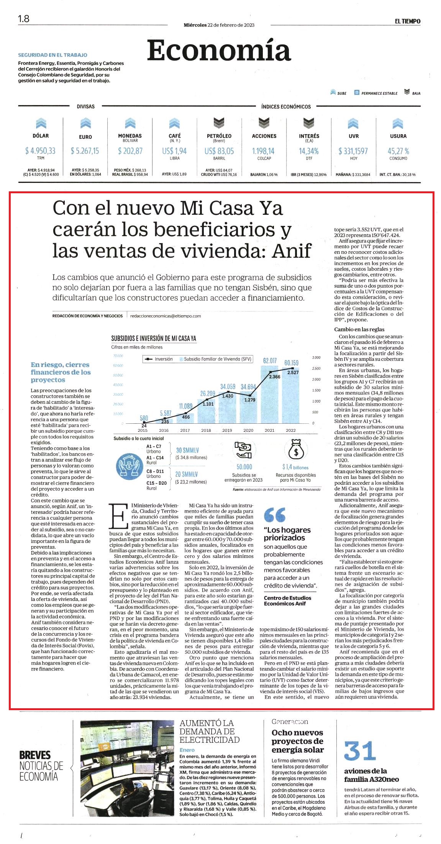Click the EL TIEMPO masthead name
pyautogui.click(x=408, y=21)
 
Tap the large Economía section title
pyautogui.click(x=219, y=50)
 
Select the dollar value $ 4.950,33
pyautogui.click(x=40, y=151)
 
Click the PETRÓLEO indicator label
pyautogui.click(x=219, y=136)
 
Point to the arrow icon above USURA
pyautogui.click(x=398, y=123)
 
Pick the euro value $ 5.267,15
pyautogui.click(x=85, y=151)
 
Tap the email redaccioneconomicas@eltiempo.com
pyautogui.click(x=166, y=316)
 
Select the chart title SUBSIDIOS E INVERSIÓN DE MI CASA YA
pyautogui.click(x=154, y=338)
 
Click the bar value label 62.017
pyautogui.click(x=270, y=361)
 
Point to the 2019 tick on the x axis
pyautogui.click(x=227, y=430)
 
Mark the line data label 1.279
pyautogui.click(x=249, y=400)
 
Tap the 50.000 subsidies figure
pyautogui.click(x=244, y=467)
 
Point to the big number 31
pyautogui.click(x=359, y=751)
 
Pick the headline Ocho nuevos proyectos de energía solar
pyautogui.click(x=298, y=741)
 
